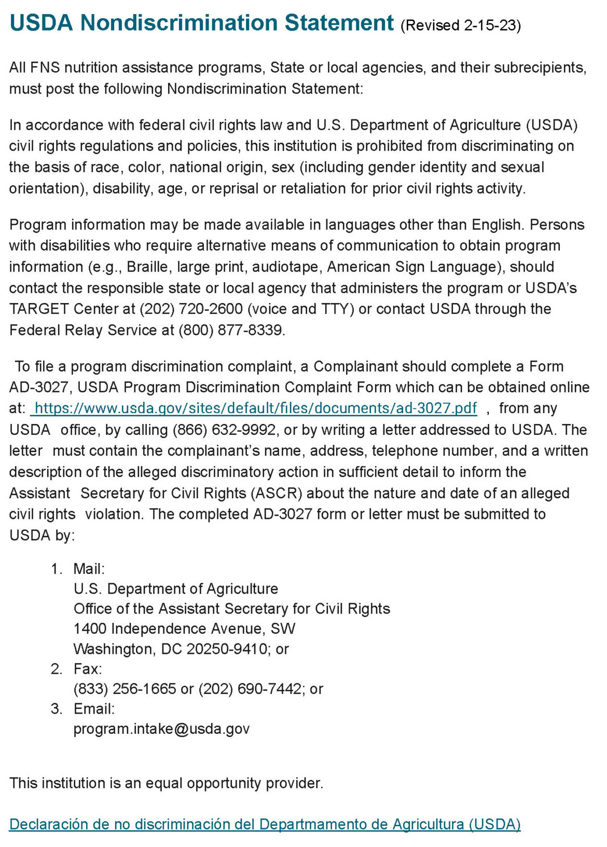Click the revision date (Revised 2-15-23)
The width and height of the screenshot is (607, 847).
461,25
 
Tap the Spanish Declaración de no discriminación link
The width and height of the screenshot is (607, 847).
265,824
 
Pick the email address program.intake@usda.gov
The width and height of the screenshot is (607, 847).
161,729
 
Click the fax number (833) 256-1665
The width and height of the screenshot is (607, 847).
125,689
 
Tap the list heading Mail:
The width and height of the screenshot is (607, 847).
89,569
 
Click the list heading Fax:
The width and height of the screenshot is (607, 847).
88,668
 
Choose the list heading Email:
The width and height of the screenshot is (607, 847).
94,709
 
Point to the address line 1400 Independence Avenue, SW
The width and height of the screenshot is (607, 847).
184,629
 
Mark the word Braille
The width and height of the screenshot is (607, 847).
147,267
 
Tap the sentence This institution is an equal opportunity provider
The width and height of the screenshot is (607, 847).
166,783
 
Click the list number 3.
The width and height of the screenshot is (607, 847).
57,709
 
